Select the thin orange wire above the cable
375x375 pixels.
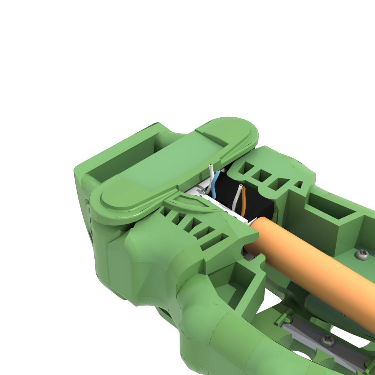tap(244, 202)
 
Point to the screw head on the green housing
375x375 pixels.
tap(363, 255)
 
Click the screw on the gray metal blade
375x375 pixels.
tap(328, 340)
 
